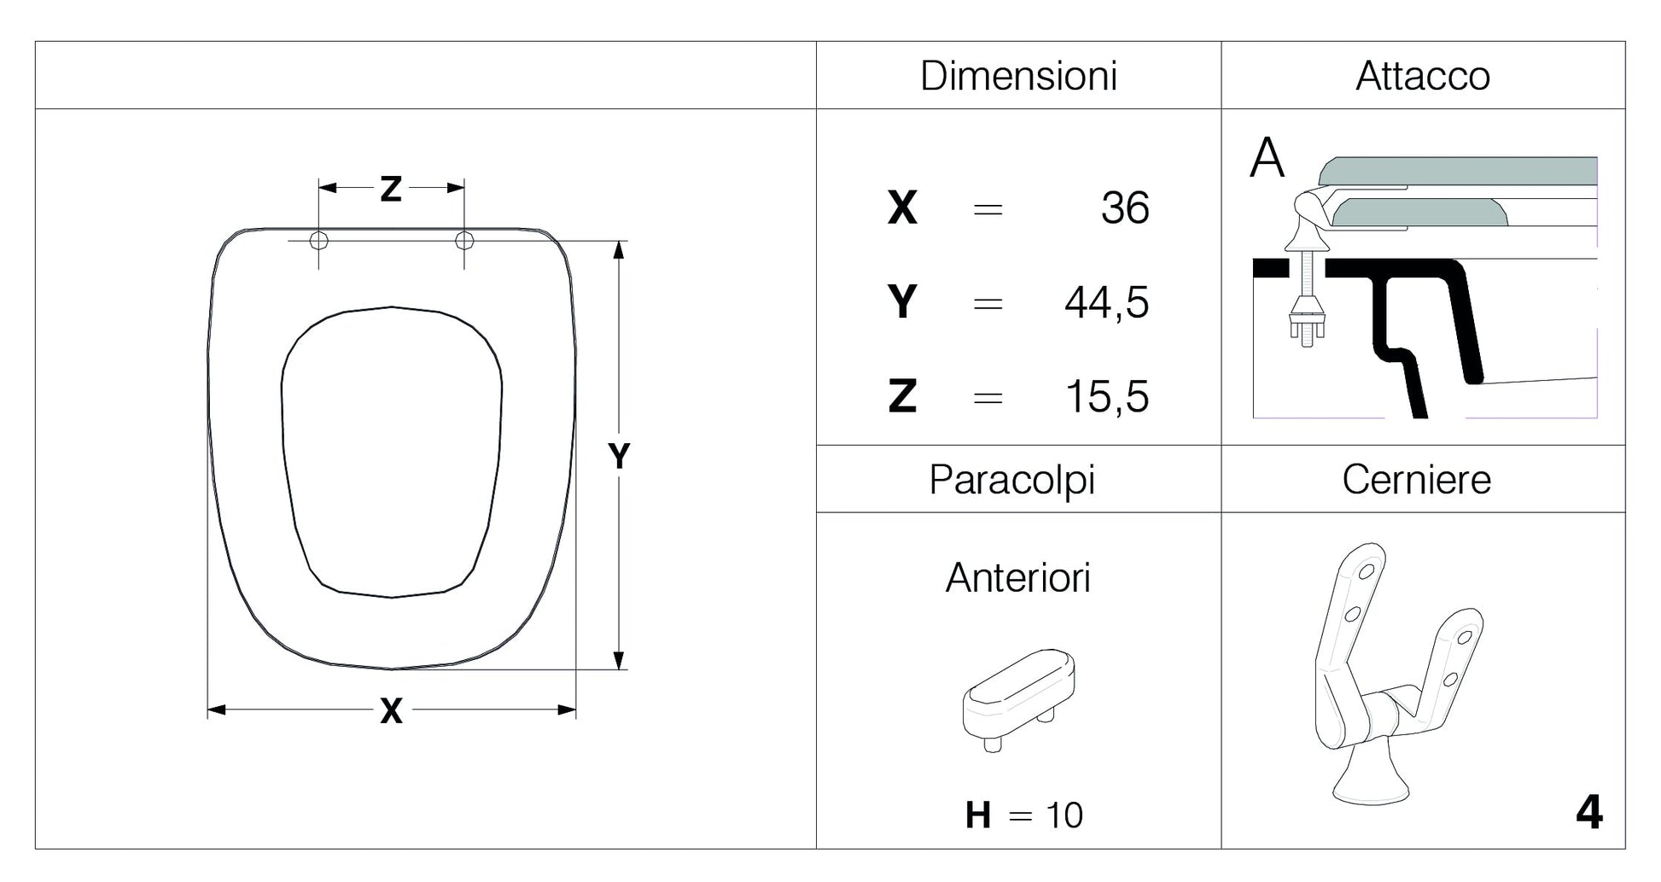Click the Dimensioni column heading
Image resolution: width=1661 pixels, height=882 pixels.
(1018, 76)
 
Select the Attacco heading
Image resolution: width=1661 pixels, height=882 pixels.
(1423, 76)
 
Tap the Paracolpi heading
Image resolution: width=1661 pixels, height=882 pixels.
(1012, 480)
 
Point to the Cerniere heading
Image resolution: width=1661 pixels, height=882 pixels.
(1417, 480)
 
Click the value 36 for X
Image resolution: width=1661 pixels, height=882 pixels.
(1125, 208)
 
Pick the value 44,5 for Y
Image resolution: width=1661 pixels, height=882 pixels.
(1106, 303)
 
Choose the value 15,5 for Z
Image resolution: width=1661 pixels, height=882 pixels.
(1107, 397)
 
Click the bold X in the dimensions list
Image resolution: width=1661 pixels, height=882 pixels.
(902, 208)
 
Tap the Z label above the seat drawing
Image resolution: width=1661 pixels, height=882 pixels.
(391, 189)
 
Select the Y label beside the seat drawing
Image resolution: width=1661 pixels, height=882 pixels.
(619, 456)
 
